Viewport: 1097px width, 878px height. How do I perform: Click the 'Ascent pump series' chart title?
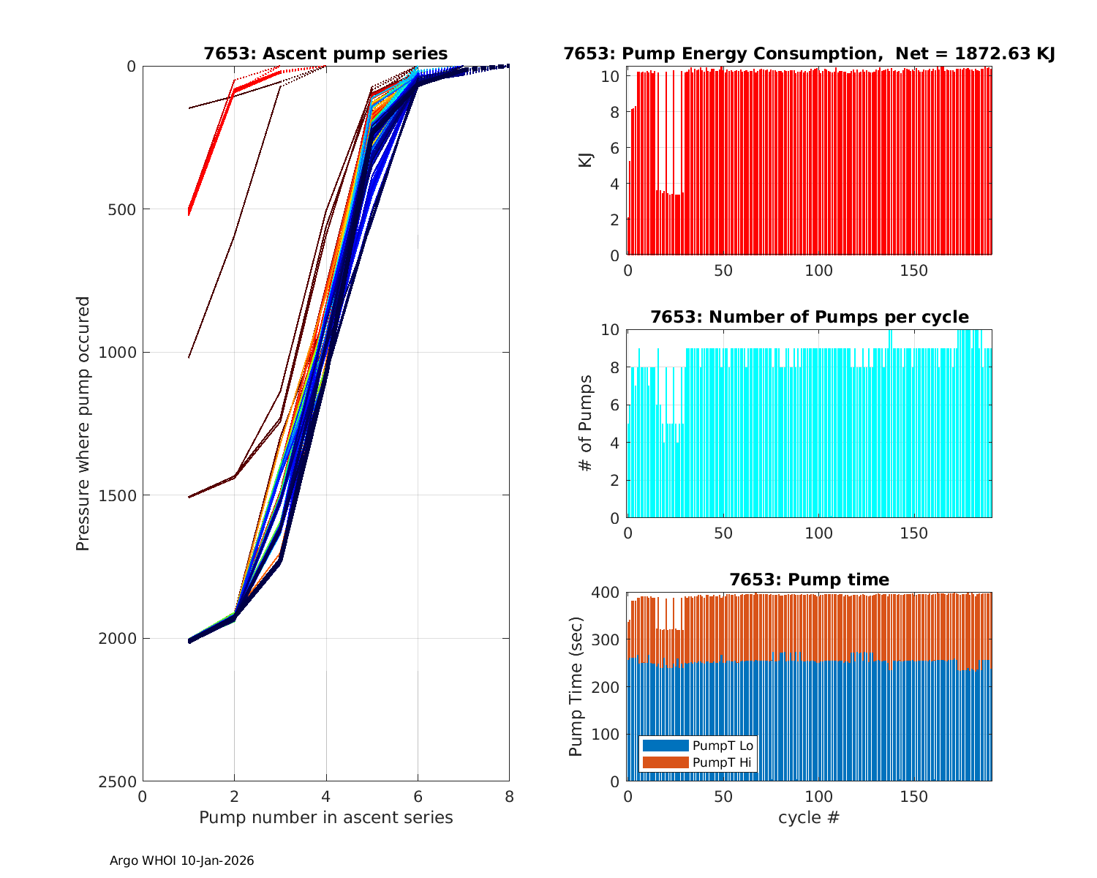pos(325,53)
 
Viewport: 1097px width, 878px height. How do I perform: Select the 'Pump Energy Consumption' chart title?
pos(809,53)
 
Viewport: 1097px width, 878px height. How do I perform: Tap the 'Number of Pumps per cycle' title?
pos(809,317)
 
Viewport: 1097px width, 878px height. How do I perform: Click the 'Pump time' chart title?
pos(809,579)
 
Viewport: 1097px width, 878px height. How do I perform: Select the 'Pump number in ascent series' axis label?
pos(325,817)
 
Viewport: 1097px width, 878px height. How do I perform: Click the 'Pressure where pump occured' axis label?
pos(83,423)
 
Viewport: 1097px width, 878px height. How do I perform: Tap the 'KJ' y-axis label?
pos(586,160)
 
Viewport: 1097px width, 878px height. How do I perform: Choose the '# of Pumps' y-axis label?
pos(586,423)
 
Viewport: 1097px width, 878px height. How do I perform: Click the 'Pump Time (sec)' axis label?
pos(576,686)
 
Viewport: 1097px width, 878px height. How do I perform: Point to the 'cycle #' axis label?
pos(809,817)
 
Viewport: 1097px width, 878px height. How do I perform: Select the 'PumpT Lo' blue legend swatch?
pos(665,746)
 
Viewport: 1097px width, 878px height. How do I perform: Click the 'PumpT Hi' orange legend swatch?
pos(665,762)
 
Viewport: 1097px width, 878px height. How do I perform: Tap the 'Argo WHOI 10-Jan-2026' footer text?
pos(181,860)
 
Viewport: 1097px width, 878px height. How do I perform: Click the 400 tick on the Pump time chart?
pos(608,592)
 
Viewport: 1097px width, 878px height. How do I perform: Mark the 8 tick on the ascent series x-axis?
pos(509,796)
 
